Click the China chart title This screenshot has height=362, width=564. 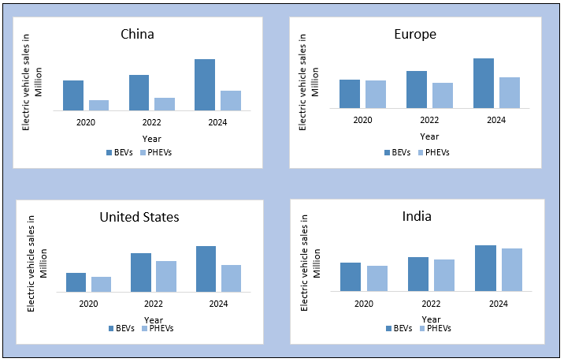(x=137, y=34)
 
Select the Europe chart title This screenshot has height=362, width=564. (x=414, y=34)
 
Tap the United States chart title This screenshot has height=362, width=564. (x=139, y=217)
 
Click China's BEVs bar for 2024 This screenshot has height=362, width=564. (x=205, y=85)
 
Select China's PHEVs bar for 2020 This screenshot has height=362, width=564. (x=98, y=105)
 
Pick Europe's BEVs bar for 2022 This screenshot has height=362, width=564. (x=417, y=89)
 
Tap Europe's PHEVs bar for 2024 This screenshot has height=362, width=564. (x=509, y=92)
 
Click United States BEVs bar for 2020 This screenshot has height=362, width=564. (x=76, y=282)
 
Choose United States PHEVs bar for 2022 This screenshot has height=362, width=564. (x=166, y=276)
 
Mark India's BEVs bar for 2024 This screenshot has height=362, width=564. (x=485, y=268)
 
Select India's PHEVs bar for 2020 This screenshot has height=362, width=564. (x=377, y=278)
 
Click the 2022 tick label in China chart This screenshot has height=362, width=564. (x=153, y=122)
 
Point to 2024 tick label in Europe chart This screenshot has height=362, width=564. (x=496, y=120)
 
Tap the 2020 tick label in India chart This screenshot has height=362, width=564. (x=364, y=304)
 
